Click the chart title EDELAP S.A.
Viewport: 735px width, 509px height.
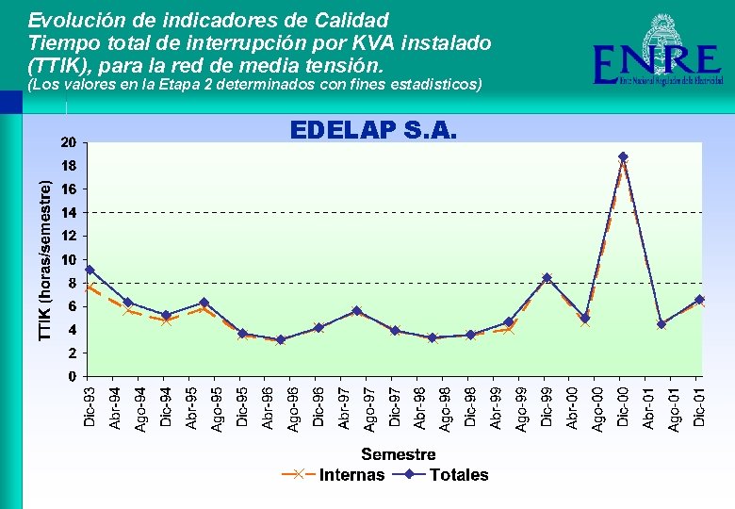(x=373, y=129)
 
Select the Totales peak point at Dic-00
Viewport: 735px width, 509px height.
(x=623, y=156)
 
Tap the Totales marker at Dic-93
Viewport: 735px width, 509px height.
(x=90, y=270)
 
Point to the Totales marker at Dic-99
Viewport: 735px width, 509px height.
(x=547, y=278)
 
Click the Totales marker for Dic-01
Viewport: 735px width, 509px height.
(x=699, y=300)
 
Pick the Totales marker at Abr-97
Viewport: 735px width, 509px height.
(x=356, y=311)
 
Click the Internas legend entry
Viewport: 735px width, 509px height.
(x=334, y=475)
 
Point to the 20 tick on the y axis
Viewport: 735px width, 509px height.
(x=69, y=143)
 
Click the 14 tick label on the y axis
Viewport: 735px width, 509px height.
(x=69, y=213)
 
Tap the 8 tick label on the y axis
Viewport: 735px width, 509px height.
(x=73, y=283)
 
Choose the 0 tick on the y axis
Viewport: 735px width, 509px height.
(x=73, y=376)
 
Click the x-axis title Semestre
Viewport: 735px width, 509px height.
(x=398, y=454)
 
